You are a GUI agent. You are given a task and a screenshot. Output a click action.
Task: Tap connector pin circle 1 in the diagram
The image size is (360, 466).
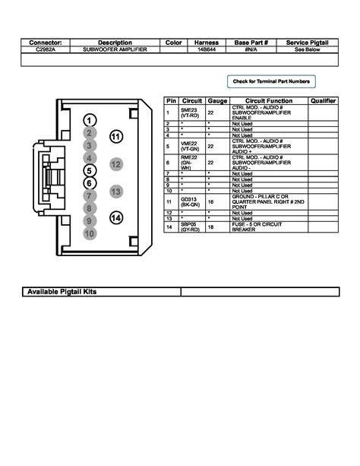[90, 122]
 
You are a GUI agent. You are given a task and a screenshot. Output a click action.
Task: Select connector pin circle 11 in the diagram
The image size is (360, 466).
[115, 137]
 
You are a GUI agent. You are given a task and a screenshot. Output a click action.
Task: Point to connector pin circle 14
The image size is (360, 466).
[116, 219]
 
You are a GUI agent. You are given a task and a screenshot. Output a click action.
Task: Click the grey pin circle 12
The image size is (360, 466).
[115, 163]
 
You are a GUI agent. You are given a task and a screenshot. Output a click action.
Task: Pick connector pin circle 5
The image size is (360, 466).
[90, 170]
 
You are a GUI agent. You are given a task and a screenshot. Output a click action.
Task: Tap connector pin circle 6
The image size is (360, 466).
[90, 182]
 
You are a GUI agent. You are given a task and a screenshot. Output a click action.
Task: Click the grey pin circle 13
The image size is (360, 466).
[116, 192]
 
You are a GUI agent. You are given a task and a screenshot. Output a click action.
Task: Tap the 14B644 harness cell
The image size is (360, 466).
[206, 49]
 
